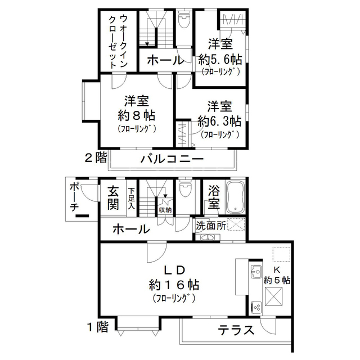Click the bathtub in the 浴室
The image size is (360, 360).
click(235, 197)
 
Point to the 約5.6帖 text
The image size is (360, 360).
click(220, 60)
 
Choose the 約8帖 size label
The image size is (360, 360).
click(137, 116)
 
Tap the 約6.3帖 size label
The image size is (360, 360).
click(220, 121)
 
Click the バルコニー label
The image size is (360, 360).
click(172, 159)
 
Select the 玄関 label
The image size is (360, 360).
click(113, 197)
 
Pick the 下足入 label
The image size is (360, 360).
click(132, 199)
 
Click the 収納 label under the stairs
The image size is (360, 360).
click(165, 209)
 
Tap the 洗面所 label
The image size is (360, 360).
click(211, 226)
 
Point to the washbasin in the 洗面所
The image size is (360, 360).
click(208, 237)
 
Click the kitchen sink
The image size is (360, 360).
click(256, 271)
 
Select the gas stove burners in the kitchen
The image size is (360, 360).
click(256, 307)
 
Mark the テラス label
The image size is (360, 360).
click(236, 330)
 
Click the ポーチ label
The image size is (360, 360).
click(74, 197)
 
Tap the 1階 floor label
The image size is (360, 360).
click(97, 327)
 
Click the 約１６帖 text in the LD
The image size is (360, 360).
click(174, 285)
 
